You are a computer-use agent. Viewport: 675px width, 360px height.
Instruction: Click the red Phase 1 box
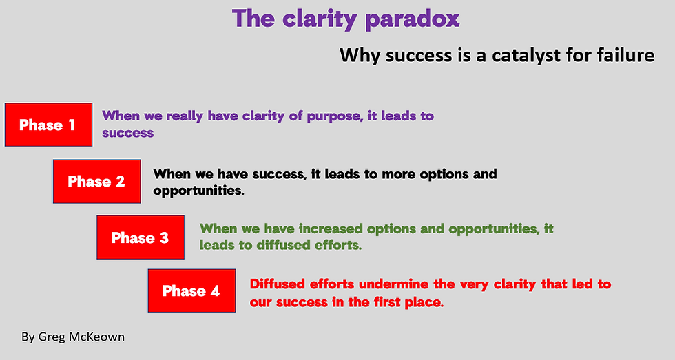[x=48, y=125]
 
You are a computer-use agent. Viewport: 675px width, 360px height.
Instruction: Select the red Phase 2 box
[x=96, y=181]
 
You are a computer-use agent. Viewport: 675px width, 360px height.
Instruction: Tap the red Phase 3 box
[x=140, y=237]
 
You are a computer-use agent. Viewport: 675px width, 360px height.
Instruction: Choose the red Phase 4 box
[x=191, y=290]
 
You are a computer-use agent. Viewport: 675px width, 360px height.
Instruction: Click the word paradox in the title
[x=412, y=19]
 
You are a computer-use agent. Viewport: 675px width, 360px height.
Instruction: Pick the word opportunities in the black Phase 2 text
[x=198, y=190]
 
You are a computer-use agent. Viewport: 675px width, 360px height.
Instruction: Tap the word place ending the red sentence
[x=423, y=301]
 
